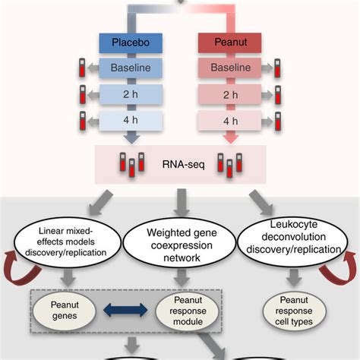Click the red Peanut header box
[x=229, y=43]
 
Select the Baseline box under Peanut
[x=229, y=68]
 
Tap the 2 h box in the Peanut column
[x=229, y=94]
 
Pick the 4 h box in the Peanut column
[x=229, y=120]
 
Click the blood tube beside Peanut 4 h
[x=279, y=121]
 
